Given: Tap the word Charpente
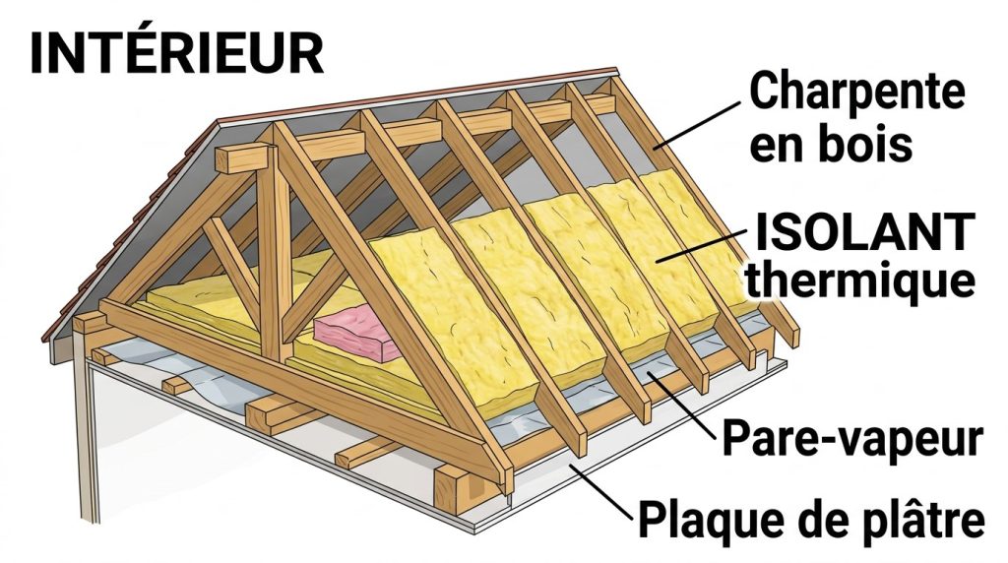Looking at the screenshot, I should [856, 94].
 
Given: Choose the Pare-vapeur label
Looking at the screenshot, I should [852, 440].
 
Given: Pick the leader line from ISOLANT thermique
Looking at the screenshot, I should [704, 245].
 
